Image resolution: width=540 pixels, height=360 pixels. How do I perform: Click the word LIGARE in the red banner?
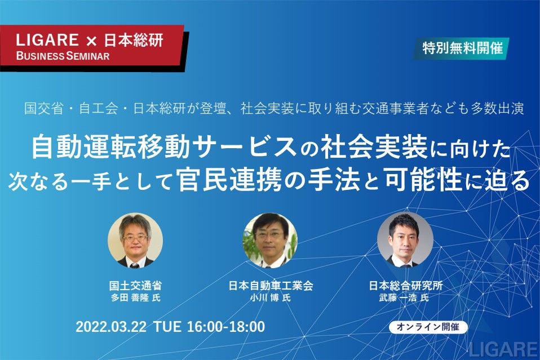tap(47, 40)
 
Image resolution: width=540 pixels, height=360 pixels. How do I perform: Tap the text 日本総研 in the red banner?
tap(134, 40)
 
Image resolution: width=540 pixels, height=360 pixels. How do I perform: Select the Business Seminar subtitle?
tap(63, 56)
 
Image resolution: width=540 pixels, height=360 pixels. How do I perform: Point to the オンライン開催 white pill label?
tap(428, 327)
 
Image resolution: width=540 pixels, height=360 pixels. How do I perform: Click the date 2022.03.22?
tap(111, 327)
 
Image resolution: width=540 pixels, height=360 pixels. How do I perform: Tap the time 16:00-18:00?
tap(226, 327)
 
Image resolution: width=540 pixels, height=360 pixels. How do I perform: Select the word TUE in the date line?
tap(167, 327)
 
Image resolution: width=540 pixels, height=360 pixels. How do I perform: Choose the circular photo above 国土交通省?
tap(135, 240)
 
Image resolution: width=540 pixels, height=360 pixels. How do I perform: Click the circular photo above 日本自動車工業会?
tap(271, 240)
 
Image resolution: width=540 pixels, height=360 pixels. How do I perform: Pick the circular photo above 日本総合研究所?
tap(405, 240)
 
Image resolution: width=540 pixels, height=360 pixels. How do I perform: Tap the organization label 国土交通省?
tap(135, 285)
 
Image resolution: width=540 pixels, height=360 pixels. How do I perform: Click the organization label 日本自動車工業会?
tap(271, 285)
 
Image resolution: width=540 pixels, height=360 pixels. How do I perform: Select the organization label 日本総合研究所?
tap(406, 285)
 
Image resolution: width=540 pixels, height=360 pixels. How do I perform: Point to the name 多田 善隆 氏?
tap(136, 297)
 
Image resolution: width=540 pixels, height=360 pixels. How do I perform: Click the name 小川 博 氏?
tap(271, 297)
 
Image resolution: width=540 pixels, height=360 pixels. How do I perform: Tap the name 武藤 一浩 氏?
tap(404, 297)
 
